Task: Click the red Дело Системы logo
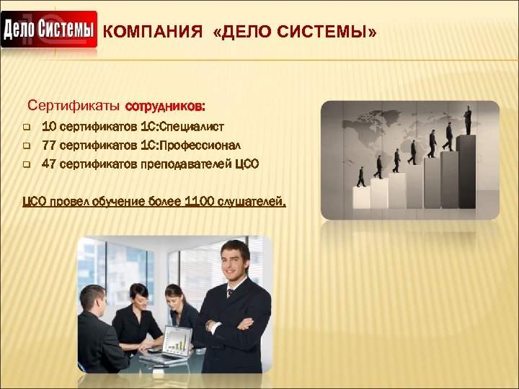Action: pos(49,30)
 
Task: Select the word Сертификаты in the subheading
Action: pos(74,107)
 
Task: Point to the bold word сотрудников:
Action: pos(165,107)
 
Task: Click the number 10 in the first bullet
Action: pos(49,127)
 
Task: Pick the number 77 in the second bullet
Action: pos(49,145)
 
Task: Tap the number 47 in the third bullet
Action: pos(49,164)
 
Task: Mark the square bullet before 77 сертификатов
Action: pos(25,146)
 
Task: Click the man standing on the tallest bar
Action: pos(467,119)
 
